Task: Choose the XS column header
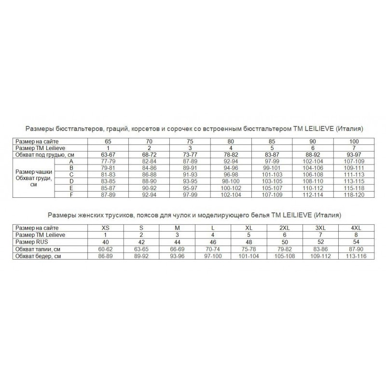(x=105, y=228)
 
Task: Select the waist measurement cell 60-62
(x=105, y=248)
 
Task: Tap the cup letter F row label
(x=71, y=194)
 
